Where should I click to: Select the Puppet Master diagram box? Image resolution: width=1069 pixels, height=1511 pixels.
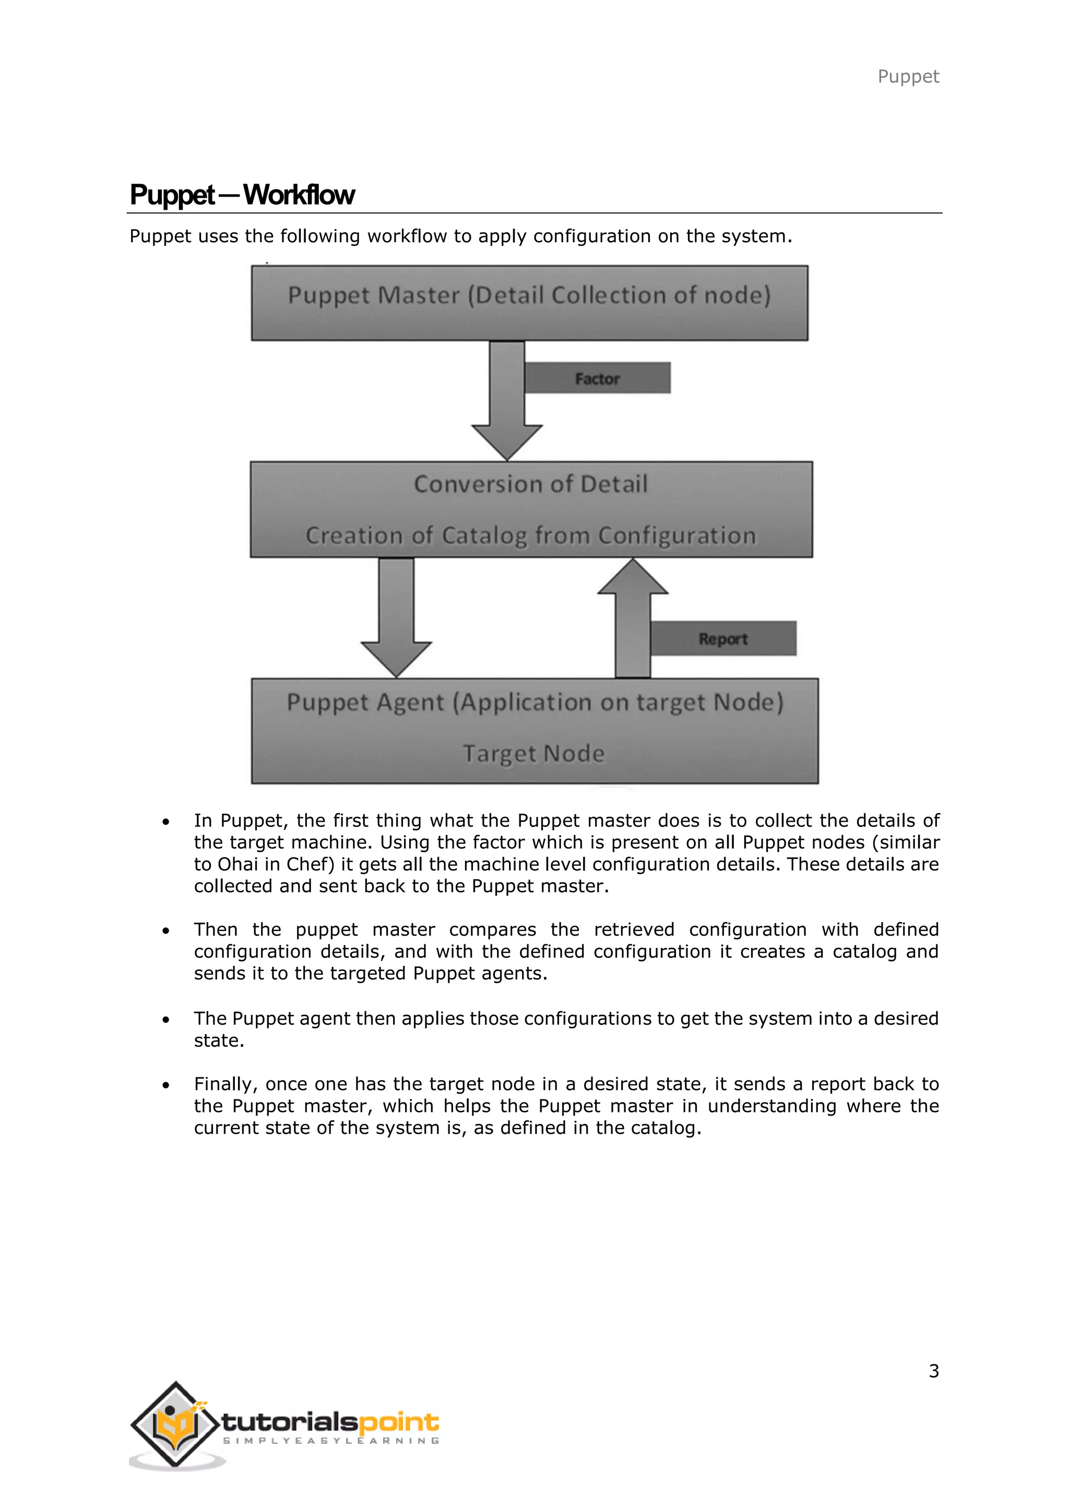pyautogui.click(x=529, y=303)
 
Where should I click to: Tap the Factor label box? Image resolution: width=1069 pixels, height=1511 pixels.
pyautogui.click(x=597, y=378)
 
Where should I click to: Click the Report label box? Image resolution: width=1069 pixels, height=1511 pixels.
pyautogui.click(x=723, y=638)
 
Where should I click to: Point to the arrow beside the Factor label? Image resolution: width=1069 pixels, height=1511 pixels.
pyautogui.click(x=507, y=398)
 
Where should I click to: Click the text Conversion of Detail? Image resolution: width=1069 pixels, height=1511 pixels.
pyautogui.click(x=530, y=484)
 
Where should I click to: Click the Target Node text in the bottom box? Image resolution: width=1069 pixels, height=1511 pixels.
pyautogui.click(x=533, y=753)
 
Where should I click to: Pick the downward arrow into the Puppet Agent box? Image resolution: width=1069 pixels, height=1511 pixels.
pyautogui.click(x=396, y=615)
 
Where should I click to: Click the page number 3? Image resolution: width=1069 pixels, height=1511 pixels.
pyautogui.click(x=933, y=1371)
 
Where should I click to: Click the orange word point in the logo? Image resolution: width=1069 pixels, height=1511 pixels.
pyautogui.click(x=399, y=1423)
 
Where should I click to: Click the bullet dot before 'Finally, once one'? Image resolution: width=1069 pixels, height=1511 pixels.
pyautogui.click(x=166, y=1085)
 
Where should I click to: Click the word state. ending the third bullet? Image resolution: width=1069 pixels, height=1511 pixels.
pyautogui.click(x=219, y=1040)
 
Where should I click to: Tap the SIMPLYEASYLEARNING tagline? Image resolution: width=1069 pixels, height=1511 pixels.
pyautogui.click(x=331, y=1441)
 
